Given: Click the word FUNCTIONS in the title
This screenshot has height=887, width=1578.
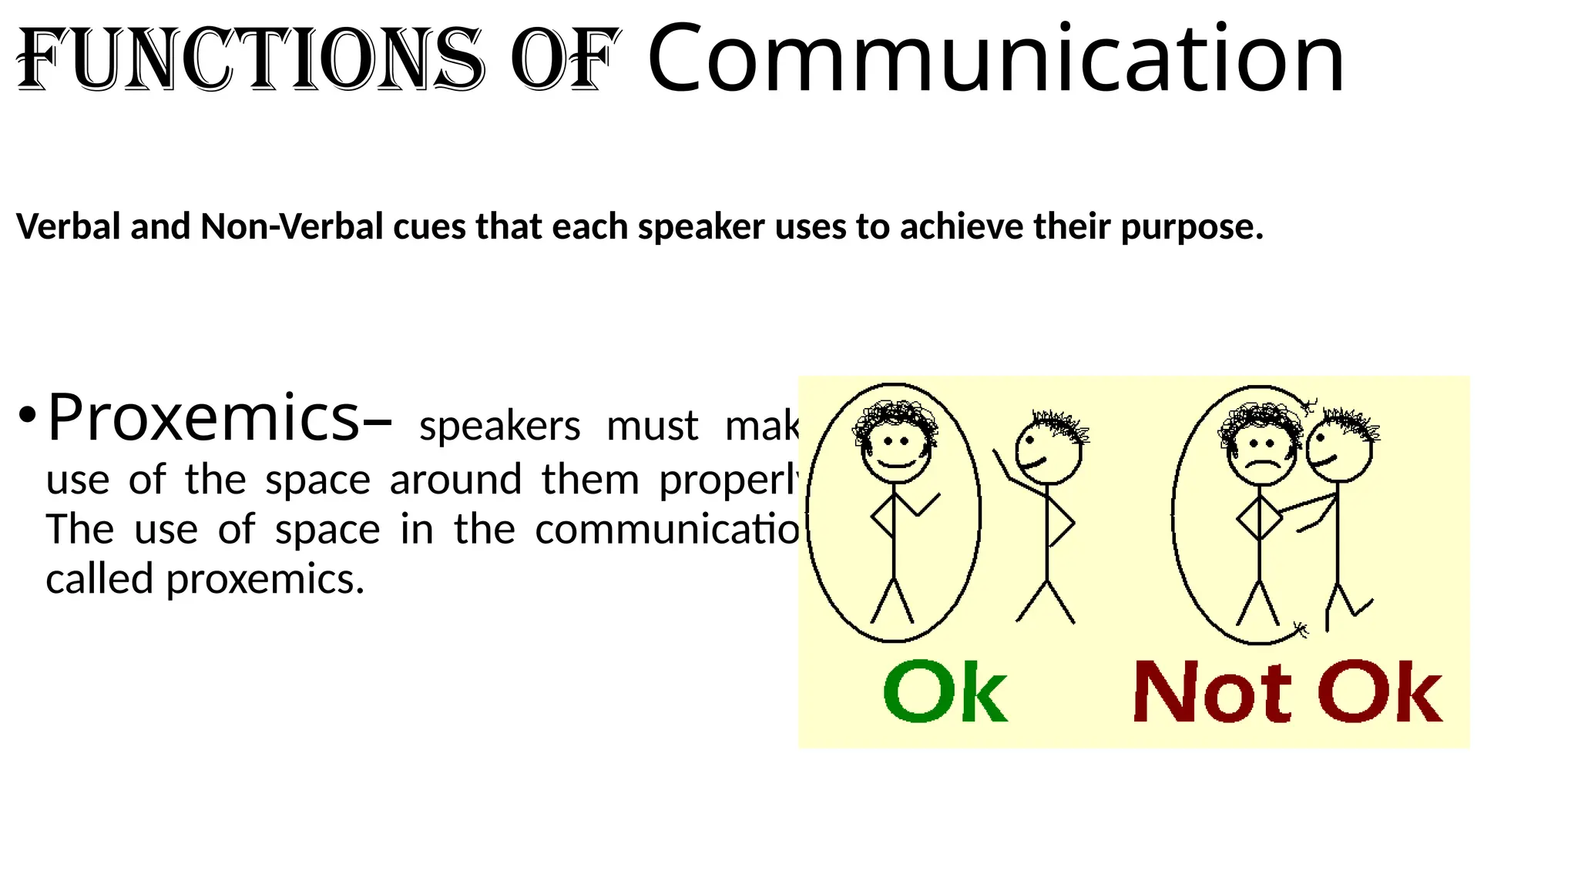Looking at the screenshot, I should pos(250,60).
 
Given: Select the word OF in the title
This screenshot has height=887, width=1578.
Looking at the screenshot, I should pos(565,60).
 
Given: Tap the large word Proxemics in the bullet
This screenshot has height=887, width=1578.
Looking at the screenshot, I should pos(203,417).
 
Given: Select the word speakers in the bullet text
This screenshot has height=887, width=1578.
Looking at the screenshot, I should pos(499,426).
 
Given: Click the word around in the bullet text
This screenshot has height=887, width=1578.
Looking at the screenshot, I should pos(455,480).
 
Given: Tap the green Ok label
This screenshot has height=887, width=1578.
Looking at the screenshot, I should pos(945,691).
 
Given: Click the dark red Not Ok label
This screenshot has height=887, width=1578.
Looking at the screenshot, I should pos(1288,691).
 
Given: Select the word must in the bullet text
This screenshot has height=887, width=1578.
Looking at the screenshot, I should pos(652,426).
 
